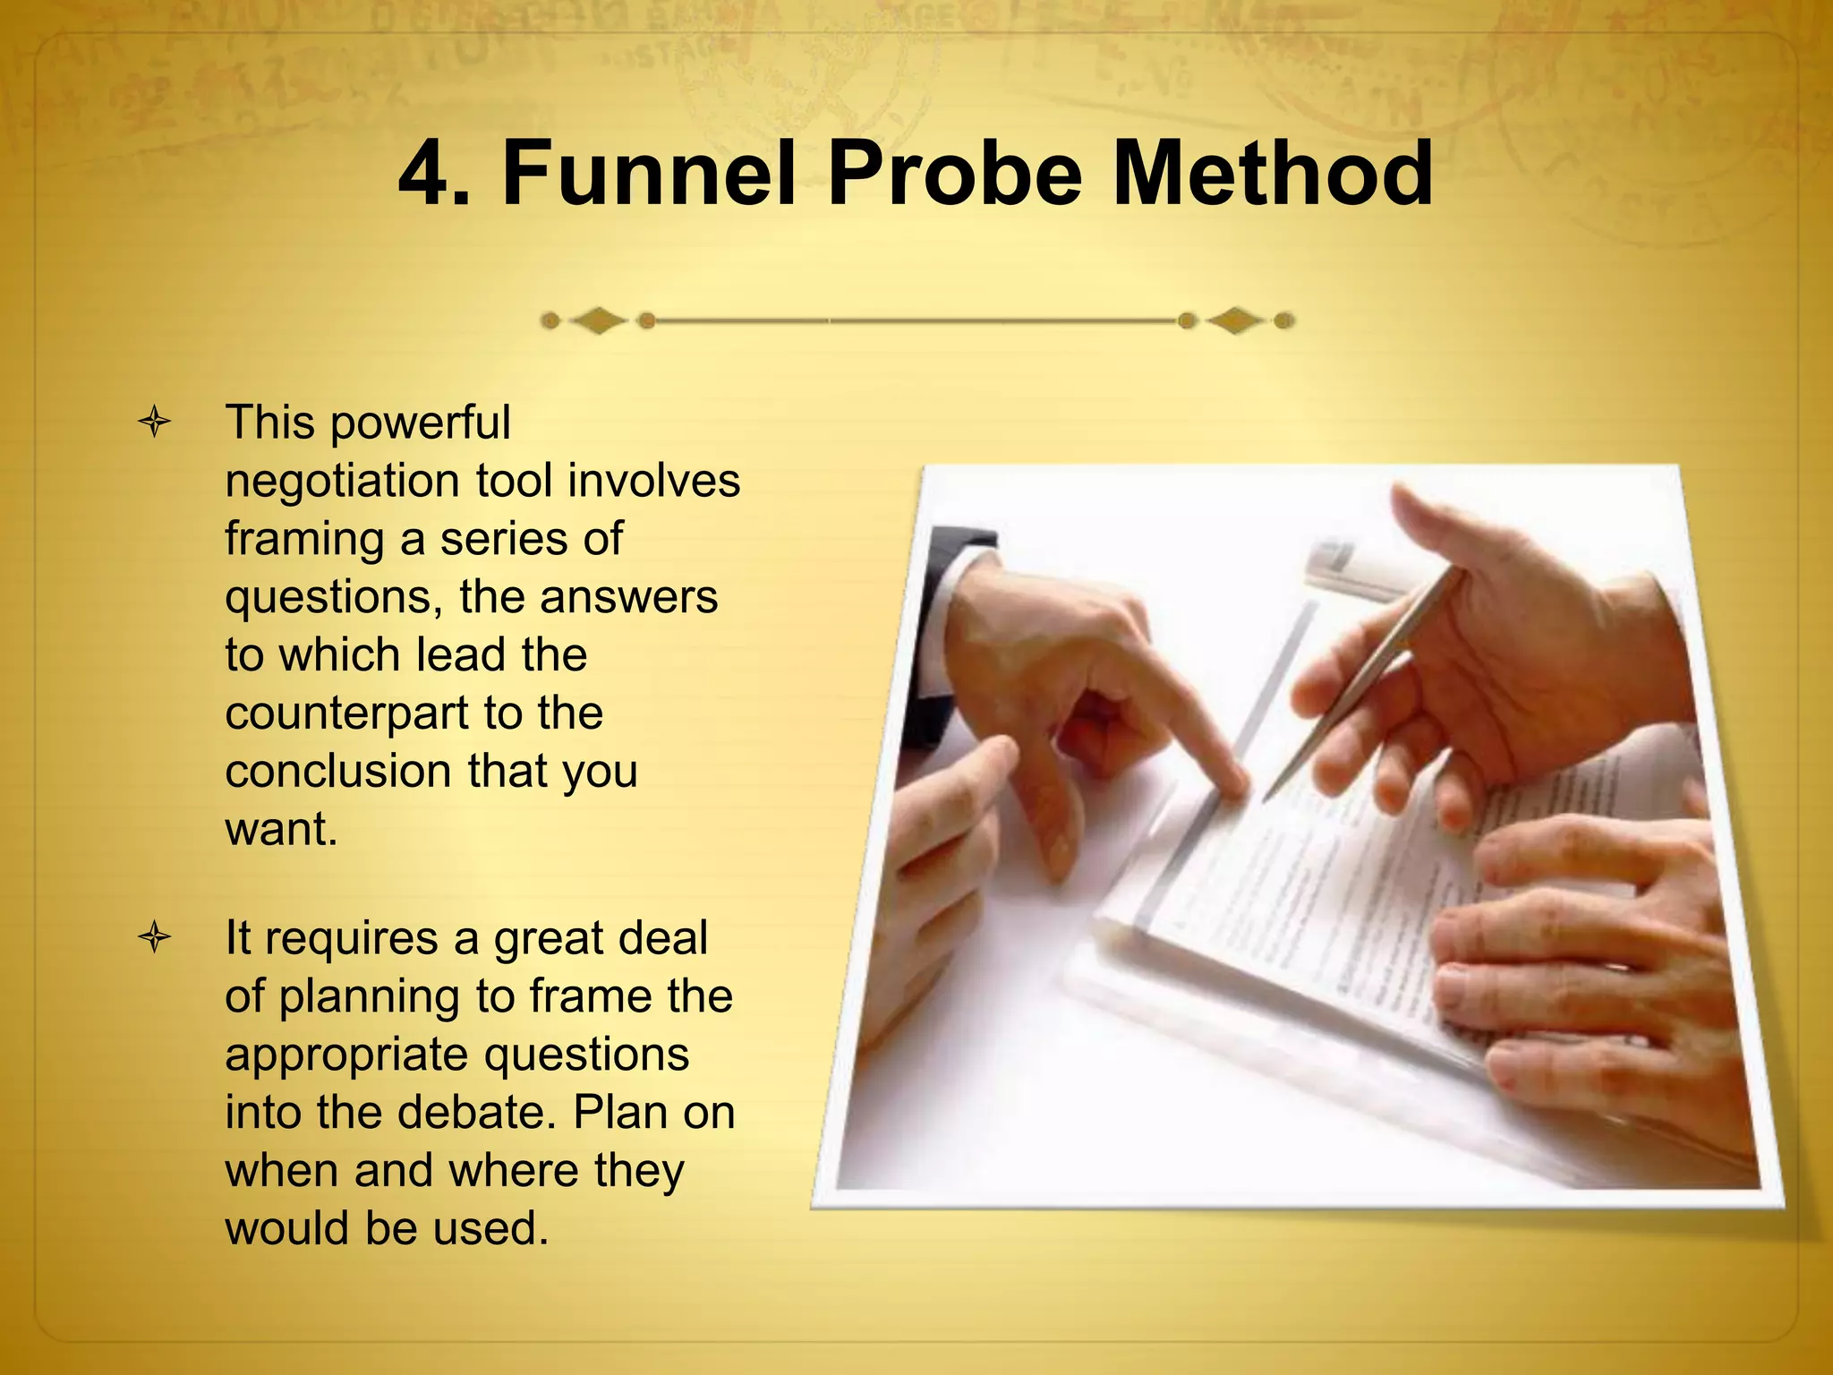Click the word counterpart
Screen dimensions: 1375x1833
point(346,713)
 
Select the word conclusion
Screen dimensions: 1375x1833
point(338,772)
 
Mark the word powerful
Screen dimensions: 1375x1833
point(421,423)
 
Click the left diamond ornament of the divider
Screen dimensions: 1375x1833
point(598,320)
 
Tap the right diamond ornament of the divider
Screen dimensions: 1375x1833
point(1236,320)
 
